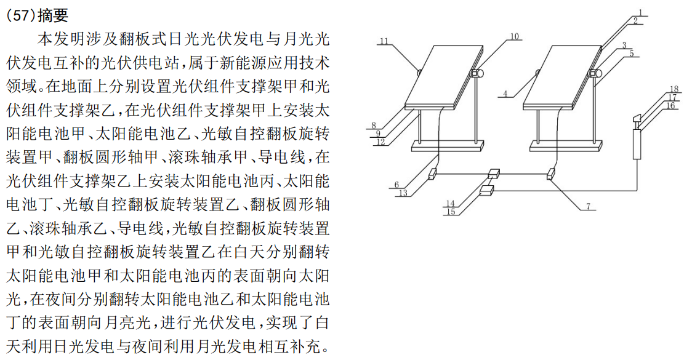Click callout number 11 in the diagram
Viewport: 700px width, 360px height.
click(384, 42)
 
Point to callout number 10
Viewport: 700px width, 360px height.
click(514, 36)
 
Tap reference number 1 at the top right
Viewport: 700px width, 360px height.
click(640, 12)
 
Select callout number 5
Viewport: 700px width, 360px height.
click(630, 54)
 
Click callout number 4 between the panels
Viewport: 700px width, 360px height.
click(505, 94)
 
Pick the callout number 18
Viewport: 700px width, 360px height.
click(674, 89)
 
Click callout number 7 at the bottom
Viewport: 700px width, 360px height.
click(589, 207)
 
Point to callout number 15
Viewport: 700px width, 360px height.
click(451, 212)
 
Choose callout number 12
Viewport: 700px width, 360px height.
click(382, 142)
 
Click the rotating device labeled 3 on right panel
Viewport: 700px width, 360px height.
click(594, 73)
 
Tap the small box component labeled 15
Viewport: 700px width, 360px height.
click(487, 191)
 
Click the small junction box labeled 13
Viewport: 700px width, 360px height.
click(432, 174)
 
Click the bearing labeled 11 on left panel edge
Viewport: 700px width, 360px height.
click(419, 72)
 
